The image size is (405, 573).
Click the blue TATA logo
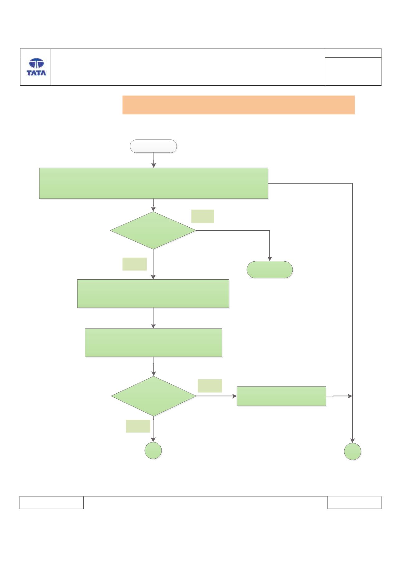pos(36,67)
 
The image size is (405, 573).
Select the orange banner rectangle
pos(238,105)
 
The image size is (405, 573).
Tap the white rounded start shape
pos(153,146)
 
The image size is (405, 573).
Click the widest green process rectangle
pos(153,183)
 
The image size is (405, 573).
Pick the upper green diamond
pos(153,230)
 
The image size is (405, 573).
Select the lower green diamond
pos(154,396)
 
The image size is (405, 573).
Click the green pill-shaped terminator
pos(270,270)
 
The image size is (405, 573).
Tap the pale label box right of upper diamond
pos(203,216)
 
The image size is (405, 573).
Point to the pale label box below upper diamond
pos(134,264)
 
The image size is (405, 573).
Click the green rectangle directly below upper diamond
pos(153,294)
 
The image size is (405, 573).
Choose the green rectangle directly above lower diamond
pos(153,342)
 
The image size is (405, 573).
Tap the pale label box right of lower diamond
pos(210,386)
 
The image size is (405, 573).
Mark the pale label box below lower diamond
pos(138,426)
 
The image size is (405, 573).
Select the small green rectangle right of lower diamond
pos(281,396)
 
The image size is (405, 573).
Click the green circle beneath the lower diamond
pos(153,450)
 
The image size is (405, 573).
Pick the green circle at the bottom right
pos(352,451)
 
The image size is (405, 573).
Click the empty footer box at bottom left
pos(52,502)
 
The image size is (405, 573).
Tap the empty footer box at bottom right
pos(354,502)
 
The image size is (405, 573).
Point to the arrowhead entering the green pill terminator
pos(270,259)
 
